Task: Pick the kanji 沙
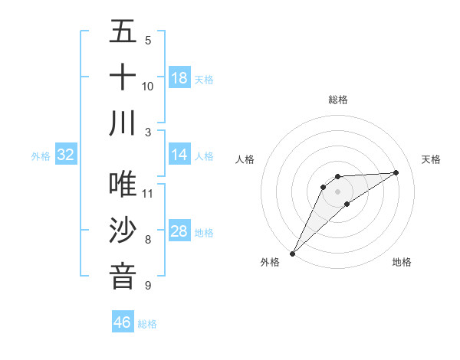click(123, 231)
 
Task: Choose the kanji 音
click(123, 276)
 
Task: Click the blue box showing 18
click(179, 77)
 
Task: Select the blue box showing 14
click(179, 155)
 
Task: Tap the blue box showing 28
click(179, 231)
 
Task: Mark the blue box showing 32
click(66, 155)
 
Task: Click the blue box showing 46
click(123, 322)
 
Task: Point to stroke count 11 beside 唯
click(148, 192)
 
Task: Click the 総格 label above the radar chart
click(337, 100)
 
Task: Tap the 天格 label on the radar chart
click(431, 159)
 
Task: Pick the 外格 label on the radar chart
click(270, 262)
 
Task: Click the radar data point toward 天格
click(396, 172)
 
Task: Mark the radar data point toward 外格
click(292, 253)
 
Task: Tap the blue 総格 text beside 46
click(147, 324)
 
